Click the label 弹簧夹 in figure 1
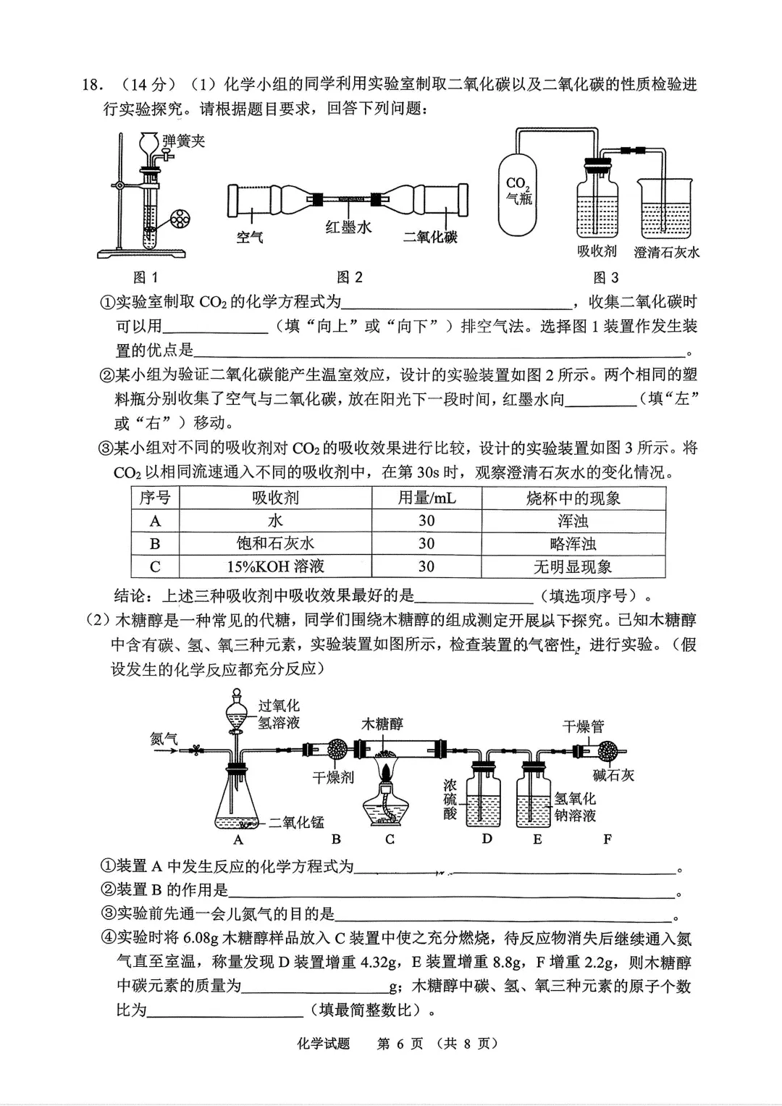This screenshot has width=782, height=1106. tap(184, 141)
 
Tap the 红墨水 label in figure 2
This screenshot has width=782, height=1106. tap(349, 228)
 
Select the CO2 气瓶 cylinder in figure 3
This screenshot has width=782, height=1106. tap(518, 192)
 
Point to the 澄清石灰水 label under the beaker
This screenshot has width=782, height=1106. tap(667, 252)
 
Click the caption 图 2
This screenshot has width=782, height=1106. tap(350, 277)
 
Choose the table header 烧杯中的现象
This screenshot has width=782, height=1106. tap(573, 498)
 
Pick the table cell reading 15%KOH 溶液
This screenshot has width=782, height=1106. tap(275, 566)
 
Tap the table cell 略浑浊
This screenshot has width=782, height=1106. tap(573, 544)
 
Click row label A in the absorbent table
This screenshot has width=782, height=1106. tap(155, 521)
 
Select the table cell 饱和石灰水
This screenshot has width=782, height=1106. tap(275, 544)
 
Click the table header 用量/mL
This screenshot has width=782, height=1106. tap(426, 498)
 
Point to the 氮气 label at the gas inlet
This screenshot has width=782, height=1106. tap(164, 738)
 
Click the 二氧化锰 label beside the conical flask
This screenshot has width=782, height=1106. tap(296, 822)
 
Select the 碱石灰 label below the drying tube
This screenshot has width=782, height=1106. tap(613, 775)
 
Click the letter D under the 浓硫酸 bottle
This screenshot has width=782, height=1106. tap(487, 839)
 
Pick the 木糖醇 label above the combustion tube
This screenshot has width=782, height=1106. tap(382, 724)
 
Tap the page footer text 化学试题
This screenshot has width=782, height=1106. tap(323, 1044)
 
